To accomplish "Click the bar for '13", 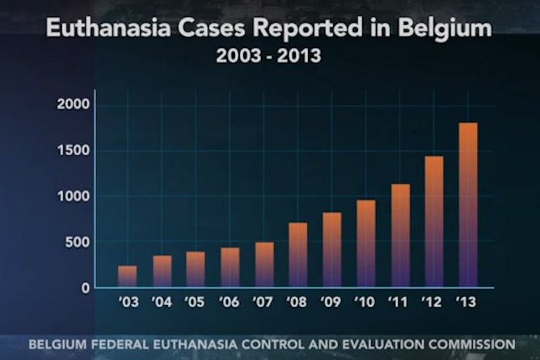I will [468, 205].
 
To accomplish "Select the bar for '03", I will [128, 276].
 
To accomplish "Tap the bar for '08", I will [298, 255].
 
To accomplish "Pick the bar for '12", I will [434, 221].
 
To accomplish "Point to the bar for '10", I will [366, 244].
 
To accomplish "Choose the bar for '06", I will [230, 267].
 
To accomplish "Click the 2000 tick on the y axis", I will [75, 105].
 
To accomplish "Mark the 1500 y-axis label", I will [75, 150].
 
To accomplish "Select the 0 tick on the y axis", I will [86, 288].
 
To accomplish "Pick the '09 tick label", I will [331, 303].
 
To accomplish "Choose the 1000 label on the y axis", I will [75, 196].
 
